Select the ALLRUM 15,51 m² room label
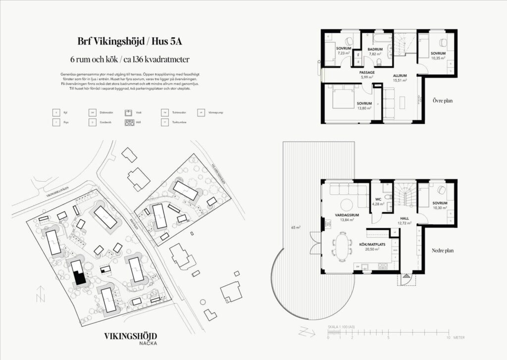(x=400, y=77)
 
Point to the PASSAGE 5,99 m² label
(x=367, y=75)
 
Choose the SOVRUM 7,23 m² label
(x=344, y=51)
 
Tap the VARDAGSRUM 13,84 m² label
(x=347, y=217)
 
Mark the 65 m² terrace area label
(x=297, y=228)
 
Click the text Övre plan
(x=442, y=100)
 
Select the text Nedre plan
(x=442, y=251)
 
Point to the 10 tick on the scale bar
(x=449, y=338)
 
